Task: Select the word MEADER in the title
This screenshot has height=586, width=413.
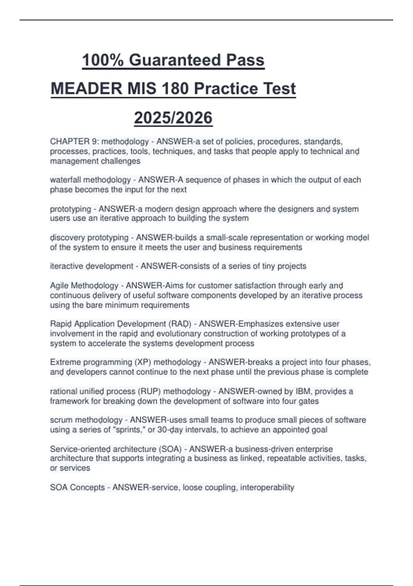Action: click(x=86, y=89)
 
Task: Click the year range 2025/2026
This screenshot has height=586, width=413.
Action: click(x=173, y=118)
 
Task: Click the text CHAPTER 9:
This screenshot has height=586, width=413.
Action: click(x=74, y=142)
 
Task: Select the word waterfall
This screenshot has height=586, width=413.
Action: click(x=65, y=180)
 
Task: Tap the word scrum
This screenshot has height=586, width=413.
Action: click(x=61, y=420)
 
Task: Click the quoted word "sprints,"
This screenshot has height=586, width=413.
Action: click(x=130, y=430)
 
